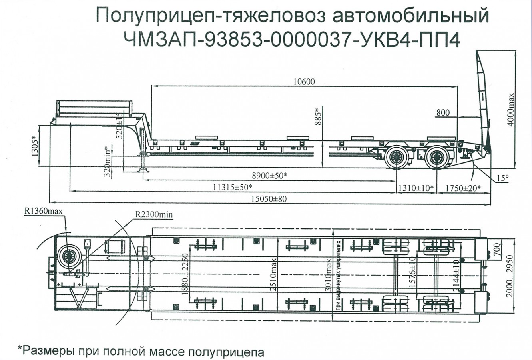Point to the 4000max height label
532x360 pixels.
(x=511, y=110)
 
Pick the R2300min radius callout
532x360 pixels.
(x=153, y=214)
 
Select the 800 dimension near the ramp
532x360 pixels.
(x=442, y=113)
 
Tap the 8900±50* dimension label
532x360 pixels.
(x=270, y=176)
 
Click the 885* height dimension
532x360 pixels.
(x=319, y=116)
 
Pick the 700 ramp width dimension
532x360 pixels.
(x=496, y=248)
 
